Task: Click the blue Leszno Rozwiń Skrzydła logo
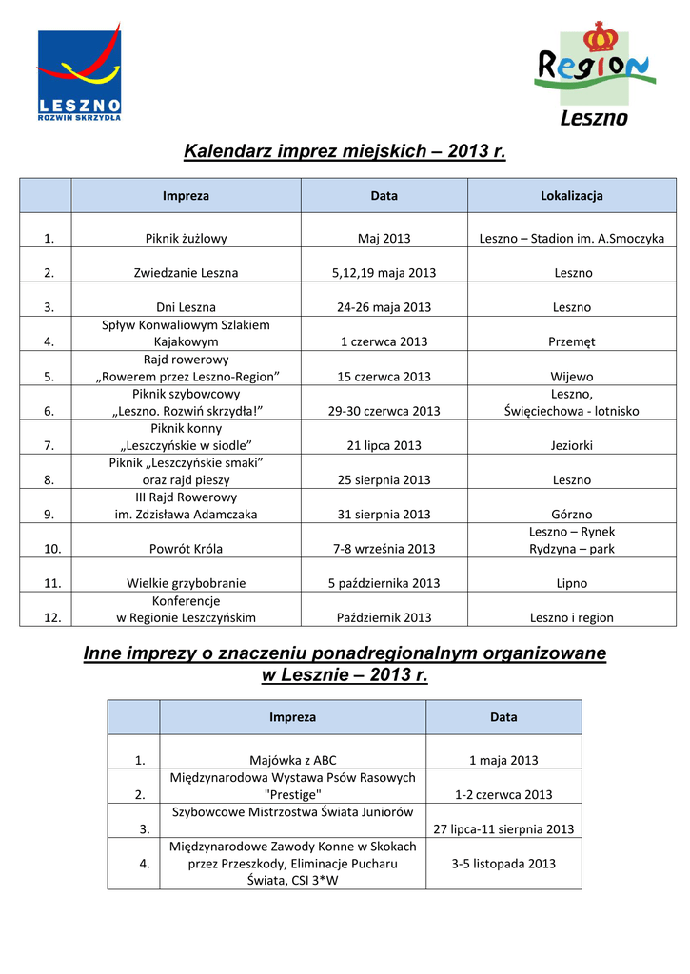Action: tap(79, 75)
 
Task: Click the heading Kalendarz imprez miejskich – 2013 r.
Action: tap(345, 151)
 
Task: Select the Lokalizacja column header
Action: tap(571, 196)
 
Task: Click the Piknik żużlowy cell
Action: tap(186, 239)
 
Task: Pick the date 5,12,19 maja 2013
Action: tap(384, 273)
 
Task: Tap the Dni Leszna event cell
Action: tap(186, 307)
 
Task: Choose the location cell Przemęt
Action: tap(572, 341)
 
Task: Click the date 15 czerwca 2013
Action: tap(384, 377)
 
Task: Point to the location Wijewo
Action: tap(572, 377)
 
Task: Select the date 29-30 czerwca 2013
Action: tap(384, 411)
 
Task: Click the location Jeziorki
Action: tap(572, 445)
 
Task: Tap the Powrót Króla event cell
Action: tap(186, 549)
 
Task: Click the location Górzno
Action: tap(572, 515)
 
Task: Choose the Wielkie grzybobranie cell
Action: tap(186, 583)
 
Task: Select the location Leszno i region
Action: tap(572, 617)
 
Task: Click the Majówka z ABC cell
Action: tap(292, 760)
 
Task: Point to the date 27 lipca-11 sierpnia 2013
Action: tap(503, 829)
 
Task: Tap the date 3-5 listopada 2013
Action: tap(503, 864)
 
